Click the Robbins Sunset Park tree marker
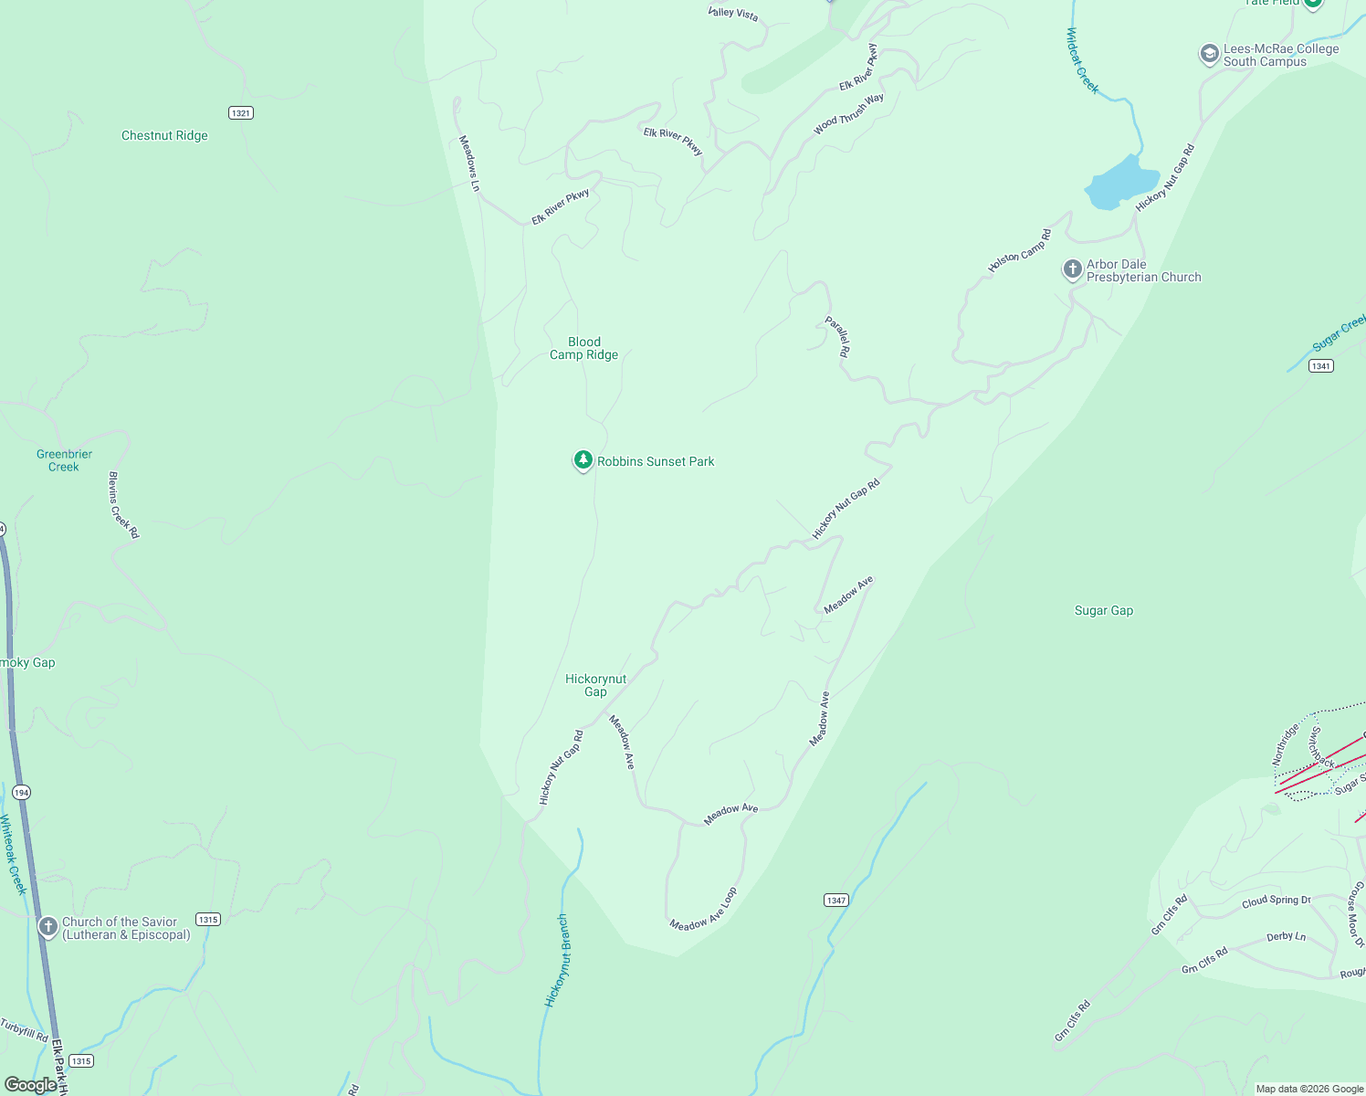[583, 460]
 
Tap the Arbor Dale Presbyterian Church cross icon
[1072, 270]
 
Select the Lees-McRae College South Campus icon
[1209, 55]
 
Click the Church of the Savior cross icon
[47, 927]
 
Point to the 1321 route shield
[241, 113]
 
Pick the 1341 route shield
[1320, 366]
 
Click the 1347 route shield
[836, 901]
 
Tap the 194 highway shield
[21, 793]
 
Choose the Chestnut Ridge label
[164, 136]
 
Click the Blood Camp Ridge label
[583, 349]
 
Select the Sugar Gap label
[1103, 611]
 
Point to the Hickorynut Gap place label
[595, 685]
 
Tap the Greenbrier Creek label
[64, 460]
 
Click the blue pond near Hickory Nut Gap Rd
[1119, 183]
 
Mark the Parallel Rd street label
[837, 336]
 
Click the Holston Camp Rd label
[1019, 251]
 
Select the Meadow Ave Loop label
[703, 911]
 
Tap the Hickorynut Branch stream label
[556, 961]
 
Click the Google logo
[30, 1084]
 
